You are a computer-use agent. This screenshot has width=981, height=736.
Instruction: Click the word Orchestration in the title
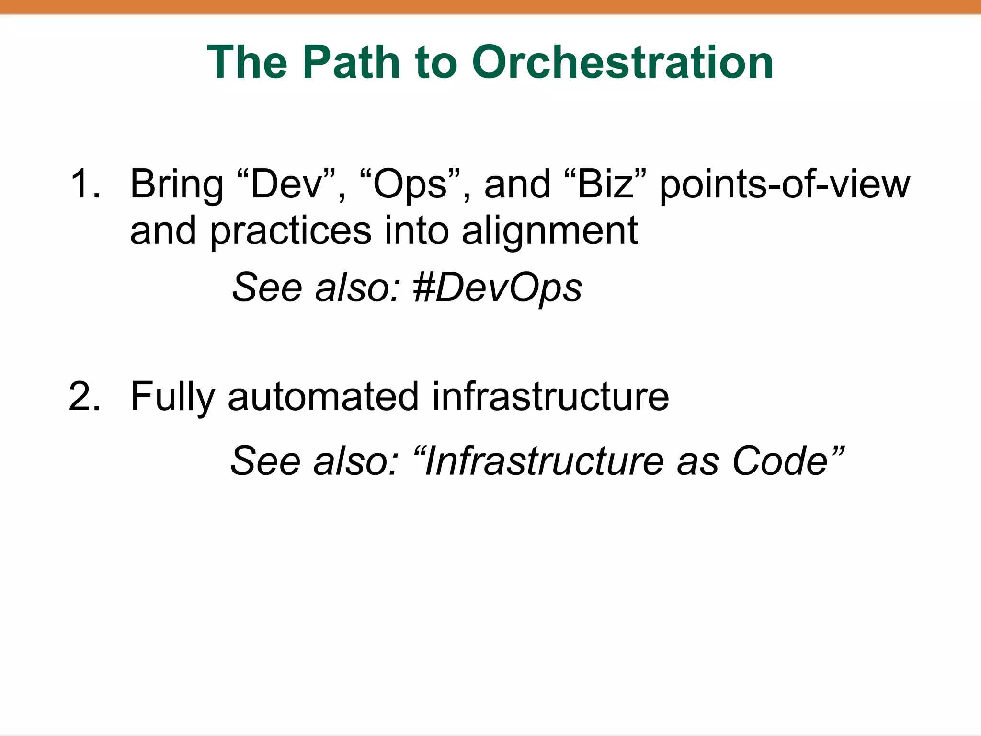(623, 62)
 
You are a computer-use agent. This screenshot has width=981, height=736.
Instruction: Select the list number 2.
(84, 396)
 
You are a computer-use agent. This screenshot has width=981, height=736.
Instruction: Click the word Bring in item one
(177, 184)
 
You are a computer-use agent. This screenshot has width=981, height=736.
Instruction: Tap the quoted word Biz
(605, 184)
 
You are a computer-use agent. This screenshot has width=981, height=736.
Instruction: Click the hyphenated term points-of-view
(784, 184)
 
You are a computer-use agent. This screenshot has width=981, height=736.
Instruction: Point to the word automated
(323, 397)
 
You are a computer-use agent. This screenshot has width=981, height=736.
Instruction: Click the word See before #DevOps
(268, 288)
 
